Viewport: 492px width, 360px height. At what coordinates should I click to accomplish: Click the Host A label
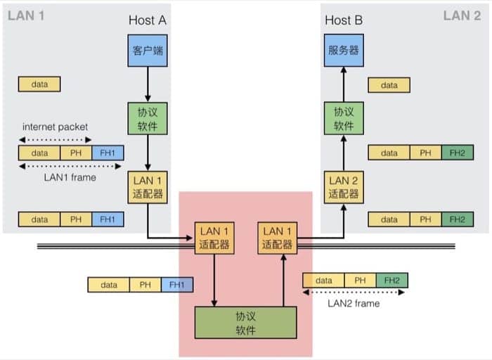click(147, 20)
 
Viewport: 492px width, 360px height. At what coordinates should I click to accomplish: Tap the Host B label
click(344, 20)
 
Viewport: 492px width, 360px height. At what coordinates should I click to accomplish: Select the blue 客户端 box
click(148, 51)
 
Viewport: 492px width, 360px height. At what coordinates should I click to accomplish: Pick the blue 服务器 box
click(344, 51)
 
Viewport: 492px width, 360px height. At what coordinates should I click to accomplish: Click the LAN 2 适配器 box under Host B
click(344, 186)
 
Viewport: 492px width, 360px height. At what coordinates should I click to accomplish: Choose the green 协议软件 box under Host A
click(148, 119)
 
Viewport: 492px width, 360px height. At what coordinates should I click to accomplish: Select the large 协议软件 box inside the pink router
click(245, 322)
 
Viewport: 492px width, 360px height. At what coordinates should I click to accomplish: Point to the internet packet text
click(56, 127)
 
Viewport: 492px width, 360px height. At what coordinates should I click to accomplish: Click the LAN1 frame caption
click(70, 177)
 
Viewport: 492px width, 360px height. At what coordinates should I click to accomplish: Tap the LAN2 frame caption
click(354, 303)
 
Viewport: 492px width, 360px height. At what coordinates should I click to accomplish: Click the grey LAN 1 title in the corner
click(26, 15)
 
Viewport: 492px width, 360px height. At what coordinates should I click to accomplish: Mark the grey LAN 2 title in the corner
click(462, 15)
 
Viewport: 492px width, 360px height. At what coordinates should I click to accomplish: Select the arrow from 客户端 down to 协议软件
click(148, 84)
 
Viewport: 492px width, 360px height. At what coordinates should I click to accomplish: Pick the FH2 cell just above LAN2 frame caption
click(391, 281)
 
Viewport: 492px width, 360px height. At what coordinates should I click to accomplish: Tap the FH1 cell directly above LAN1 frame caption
click(108, 153)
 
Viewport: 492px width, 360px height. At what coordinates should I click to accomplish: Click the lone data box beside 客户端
click(40, 84)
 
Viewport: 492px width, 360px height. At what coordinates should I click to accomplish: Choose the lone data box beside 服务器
click(389, 85)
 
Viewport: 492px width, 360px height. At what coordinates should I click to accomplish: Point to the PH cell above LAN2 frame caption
click(360, 281)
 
